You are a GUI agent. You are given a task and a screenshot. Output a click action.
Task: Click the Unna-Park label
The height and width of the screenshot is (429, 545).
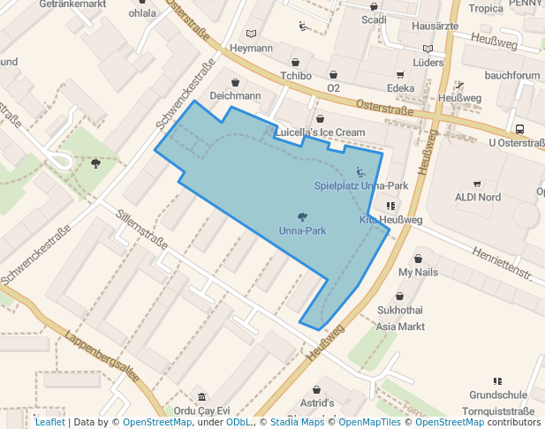click(x=302, y=230)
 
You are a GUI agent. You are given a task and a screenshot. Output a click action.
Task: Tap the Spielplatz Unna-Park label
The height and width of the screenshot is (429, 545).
click(x=360, y=186)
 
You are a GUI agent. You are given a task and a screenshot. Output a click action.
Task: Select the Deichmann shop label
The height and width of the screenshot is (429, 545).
click(x=235, y=95)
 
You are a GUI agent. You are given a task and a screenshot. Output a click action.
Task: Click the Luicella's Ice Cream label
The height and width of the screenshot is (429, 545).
click(x=319, y=132)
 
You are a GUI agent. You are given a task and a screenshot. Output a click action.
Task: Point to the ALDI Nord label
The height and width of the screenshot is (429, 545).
click(x=477, y=197)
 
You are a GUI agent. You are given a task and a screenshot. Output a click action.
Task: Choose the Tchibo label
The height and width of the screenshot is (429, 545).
click(x=296, y=76)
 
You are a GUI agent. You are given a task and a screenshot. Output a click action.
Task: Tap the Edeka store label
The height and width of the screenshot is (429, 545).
click(x=400, y=88)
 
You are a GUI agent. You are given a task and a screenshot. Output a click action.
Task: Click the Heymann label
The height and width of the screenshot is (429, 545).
click(x=251, y=48)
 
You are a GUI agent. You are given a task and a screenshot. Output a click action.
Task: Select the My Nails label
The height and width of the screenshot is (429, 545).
click(x=418, y=273)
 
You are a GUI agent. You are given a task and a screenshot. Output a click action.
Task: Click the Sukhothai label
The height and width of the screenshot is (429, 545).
click(x=399, y=311)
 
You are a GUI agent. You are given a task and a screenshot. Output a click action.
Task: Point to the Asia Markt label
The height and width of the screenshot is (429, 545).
click(x=400, y=327)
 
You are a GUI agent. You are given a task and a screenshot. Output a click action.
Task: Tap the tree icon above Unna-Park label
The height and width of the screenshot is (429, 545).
click(x=302, y=216)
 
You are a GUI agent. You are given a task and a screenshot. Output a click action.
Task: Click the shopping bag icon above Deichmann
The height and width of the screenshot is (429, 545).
click(x=235, y=82)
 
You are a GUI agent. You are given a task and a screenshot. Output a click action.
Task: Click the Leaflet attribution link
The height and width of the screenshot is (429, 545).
click(x=49, y=422)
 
